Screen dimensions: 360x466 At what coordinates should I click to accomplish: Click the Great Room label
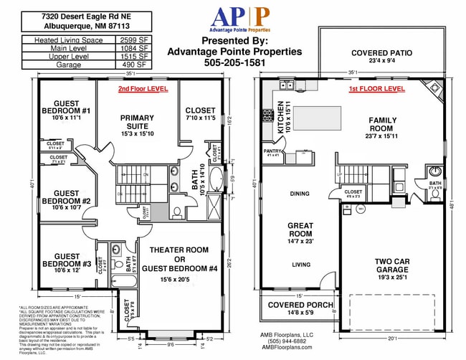(x=300, y=229)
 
